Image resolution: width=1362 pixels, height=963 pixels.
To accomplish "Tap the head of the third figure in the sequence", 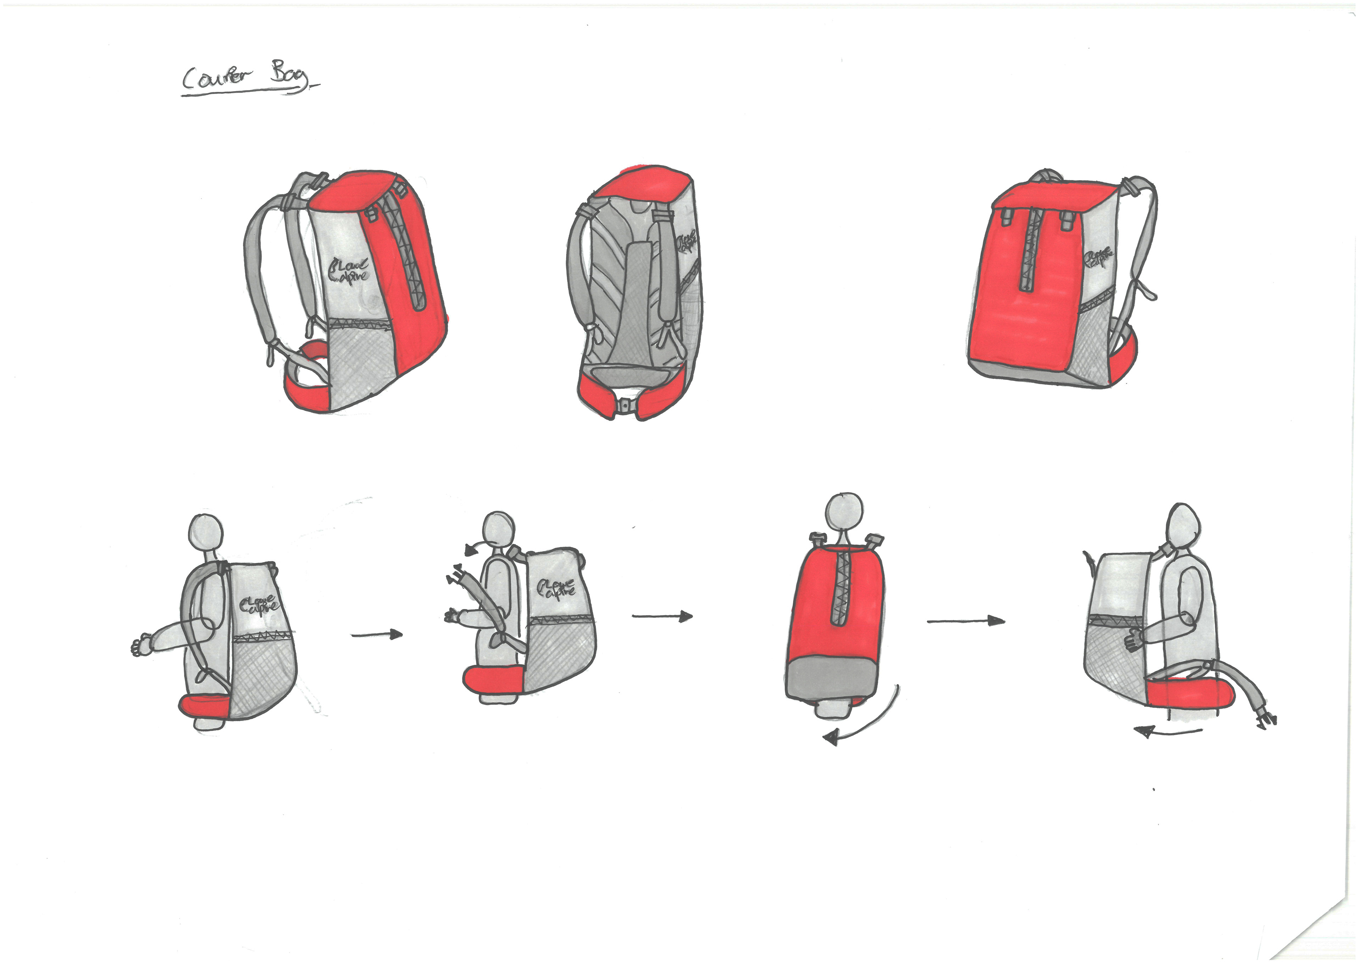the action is [843, 512].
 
